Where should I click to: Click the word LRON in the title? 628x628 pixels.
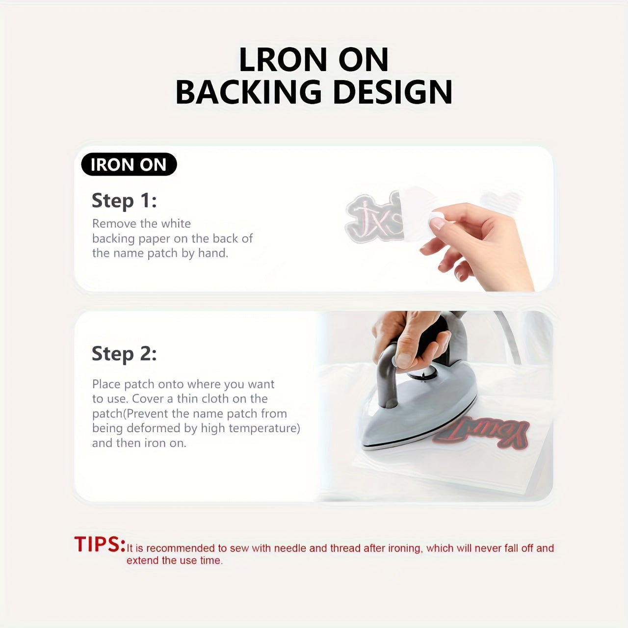[283, 59]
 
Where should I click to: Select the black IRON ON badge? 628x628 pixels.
[129, 164]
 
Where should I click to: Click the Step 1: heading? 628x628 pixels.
[124, 201]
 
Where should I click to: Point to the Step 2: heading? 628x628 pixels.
[124, 354]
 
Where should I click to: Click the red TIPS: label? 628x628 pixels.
[100, 544]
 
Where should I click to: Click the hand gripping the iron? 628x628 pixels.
[410, 339]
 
